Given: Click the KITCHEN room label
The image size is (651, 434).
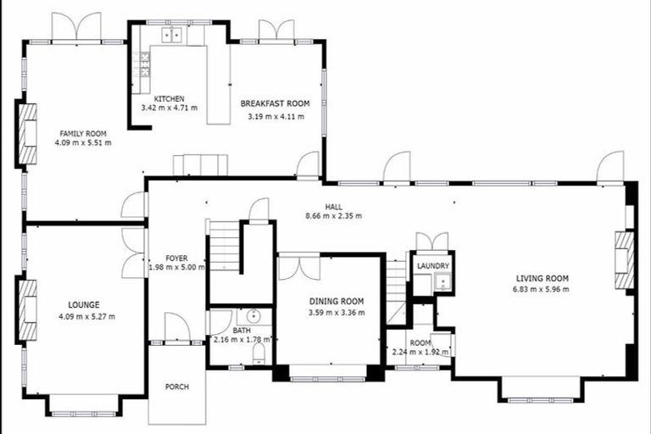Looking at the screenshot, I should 170,98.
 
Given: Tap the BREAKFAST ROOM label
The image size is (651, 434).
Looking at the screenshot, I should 275,103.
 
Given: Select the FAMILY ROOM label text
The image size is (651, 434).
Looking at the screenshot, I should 82,133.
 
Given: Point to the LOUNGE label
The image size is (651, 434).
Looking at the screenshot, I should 84,304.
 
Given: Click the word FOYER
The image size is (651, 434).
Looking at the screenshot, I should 176,259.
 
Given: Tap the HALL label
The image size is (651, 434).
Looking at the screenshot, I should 333,206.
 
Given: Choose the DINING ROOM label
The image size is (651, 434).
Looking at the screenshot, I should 337,301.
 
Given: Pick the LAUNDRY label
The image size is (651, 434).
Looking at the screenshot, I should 432,265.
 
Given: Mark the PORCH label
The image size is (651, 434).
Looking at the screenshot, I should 176,387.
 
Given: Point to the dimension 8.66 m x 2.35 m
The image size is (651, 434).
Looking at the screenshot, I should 333,216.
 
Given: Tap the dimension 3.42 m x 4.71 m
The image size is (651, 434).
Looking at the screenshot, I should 170,108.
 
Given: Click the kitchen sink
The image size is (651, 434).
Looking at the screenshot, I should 173,35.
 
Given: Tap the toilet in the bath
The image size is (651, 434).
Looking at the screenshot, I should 259,353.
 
